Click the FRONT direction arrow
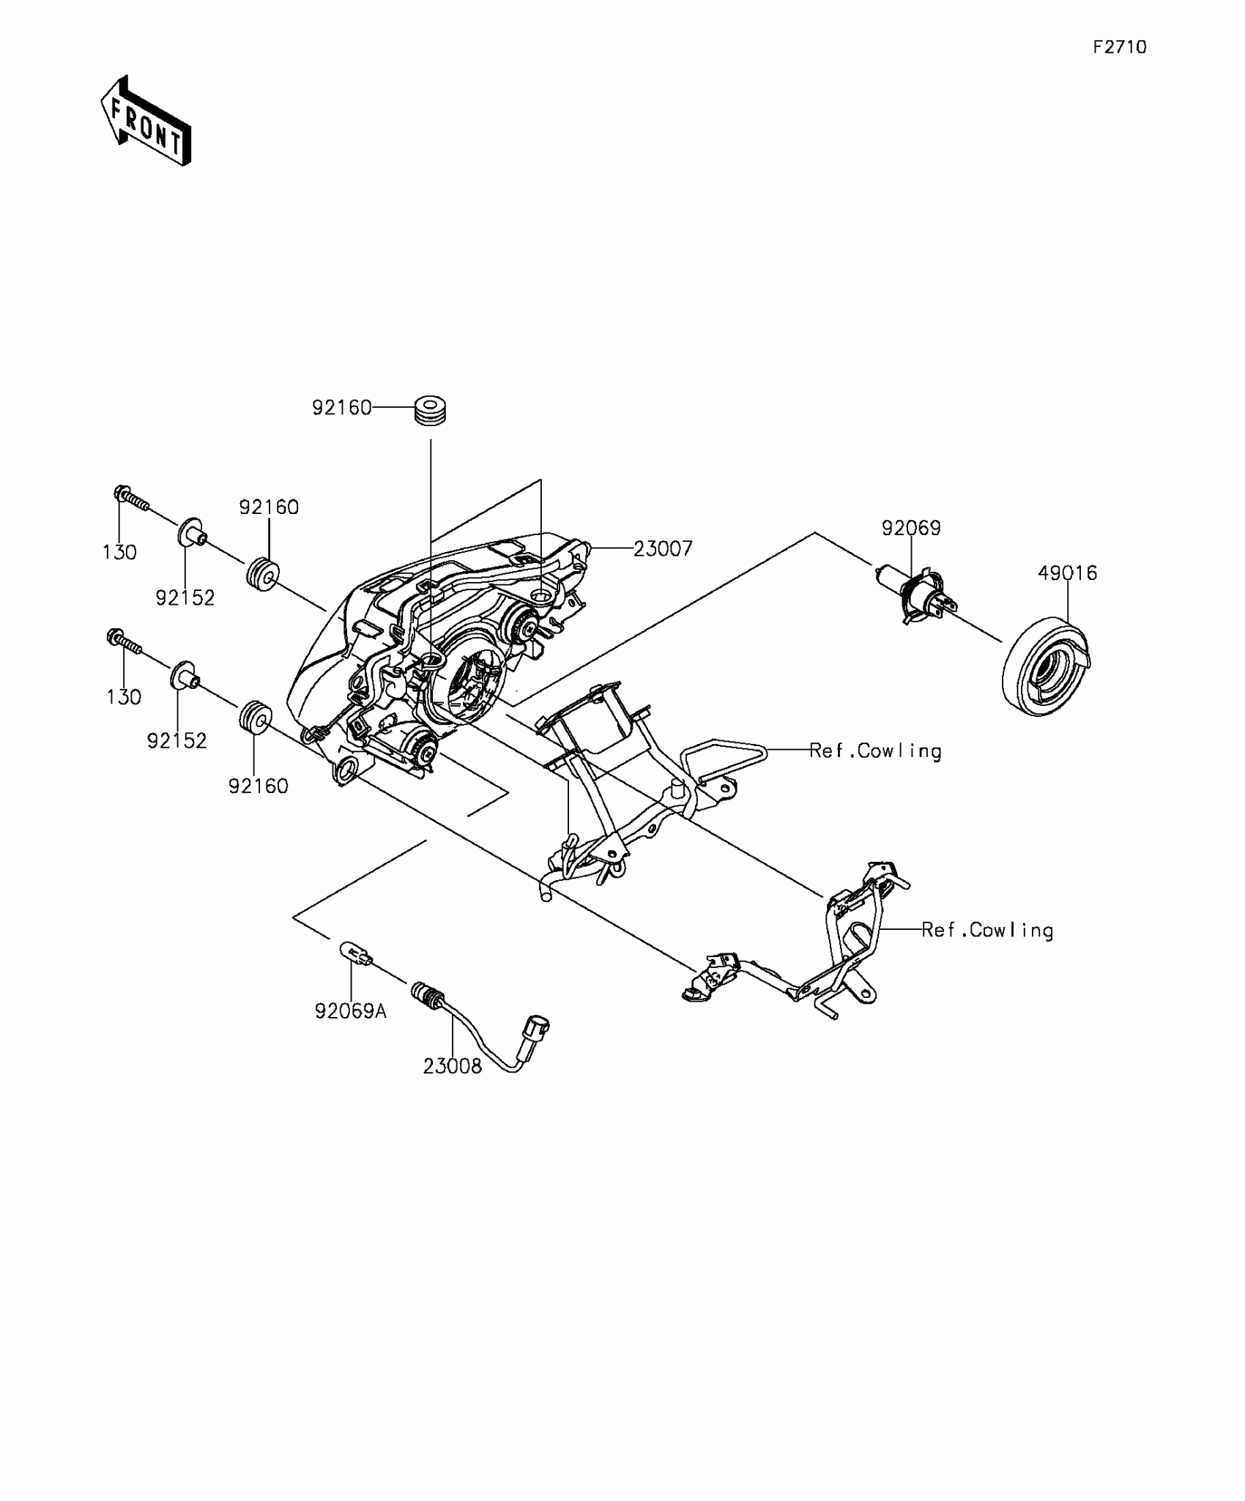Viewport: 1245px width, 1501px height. point(146,121)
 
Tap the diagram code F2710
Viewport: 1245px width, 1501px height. point(1120,48)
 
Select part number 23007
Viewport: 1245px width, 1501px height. point(663,548)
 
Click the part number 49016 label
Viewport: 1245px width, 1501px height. point(1067,573)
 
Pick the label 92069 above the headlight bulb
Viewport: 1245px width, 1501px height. point(911,528)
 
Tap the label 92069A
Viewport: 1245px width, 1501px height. point(351,1011)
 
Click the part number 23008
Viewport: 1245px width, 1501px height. point(453,1067)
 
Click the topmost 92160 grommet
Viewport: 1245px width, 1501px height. point(431,409)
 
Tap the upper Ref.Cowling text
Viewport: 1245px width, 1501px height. point(875,751)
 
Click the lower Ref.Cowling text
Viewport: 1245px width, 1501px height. point(987,931)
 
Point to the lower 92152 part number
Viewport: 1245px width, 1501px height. point(177,741)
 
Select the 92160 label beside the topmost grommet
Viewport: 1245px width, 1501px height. point(342,408)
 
